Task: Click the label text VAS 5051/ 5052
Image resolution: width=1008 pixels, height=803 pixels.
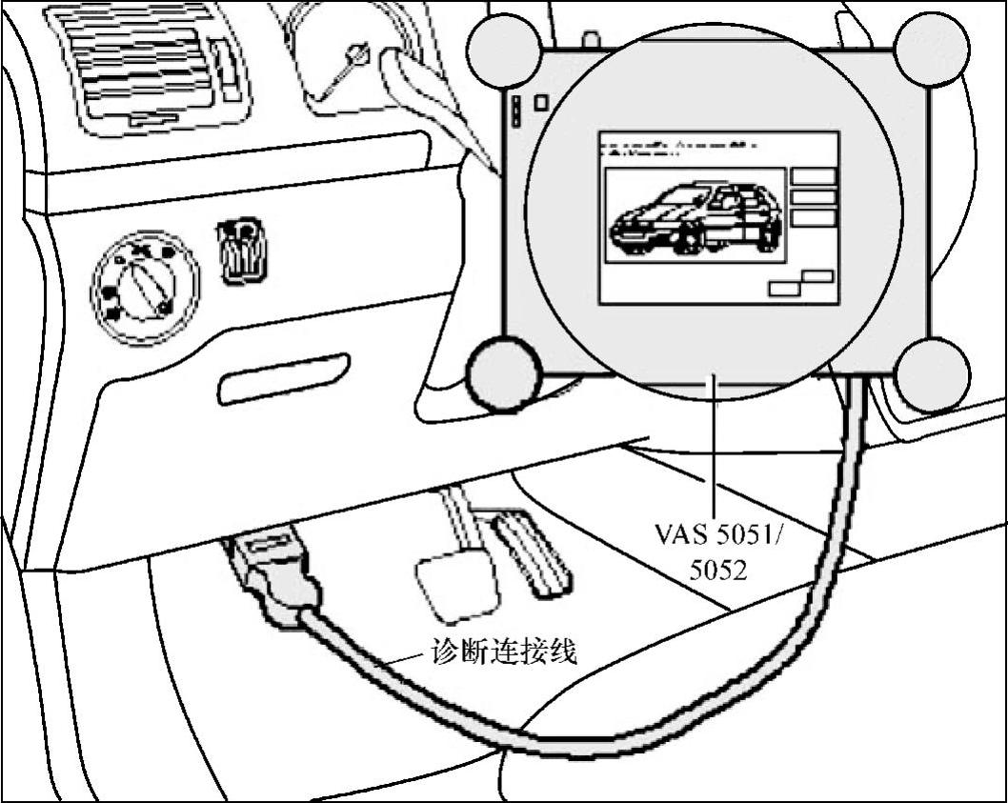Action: [716, 551]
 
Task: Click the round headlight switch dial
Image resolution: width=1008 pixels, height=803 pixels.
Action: [145, 285]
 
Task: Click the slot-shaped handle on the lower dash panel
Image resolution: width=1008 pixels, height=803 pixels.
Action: [283, 379]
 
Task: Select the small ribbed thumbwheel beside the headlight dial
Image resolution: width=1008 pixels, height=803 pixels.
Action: [243, 251]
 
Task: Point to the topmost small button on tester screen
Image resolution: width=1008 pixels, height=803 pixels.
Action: [814, 176]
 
